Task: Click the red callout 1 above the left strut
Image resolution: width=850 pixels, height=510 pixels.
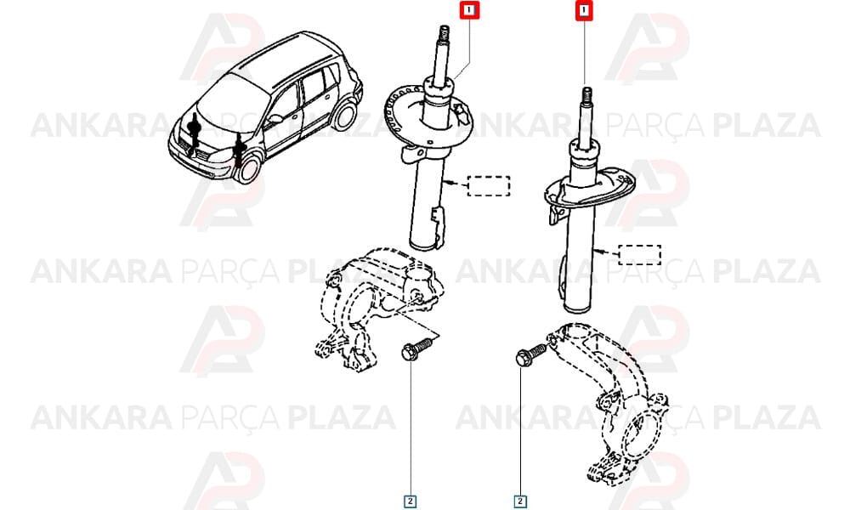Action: point(470,9)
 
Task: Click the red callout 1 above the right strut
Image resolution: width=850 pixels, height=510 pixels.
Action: point(584,10)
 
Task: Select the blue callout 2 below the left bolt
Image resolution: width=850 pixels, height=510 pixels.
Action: point(410,501)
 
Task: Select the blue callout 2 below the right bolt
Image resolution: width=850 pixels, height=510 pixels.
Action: point(520,501)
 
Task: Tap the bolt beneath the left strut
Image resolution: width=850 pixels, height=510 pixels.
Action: point(416,348)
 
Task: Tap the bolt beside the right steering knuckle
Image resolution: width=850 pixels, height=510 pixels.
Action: point(530,354)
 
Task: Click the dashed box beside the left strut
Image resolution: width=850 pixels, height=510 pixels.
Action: point(489,186)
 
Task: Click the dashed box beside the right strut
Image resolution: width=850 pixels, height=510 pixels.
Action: point(640,255)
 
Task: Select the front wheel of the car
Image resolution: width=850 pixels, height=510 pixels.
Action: point(247,167)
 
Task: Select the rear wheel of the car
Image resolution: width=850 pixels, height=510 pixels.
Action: point(344,116)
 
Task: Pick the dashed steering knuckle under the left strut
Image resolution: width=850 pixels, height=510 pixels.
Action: point(379,309)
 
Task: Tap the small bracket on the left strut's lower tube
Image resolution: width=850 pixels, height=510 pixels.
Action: point(437,216)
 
